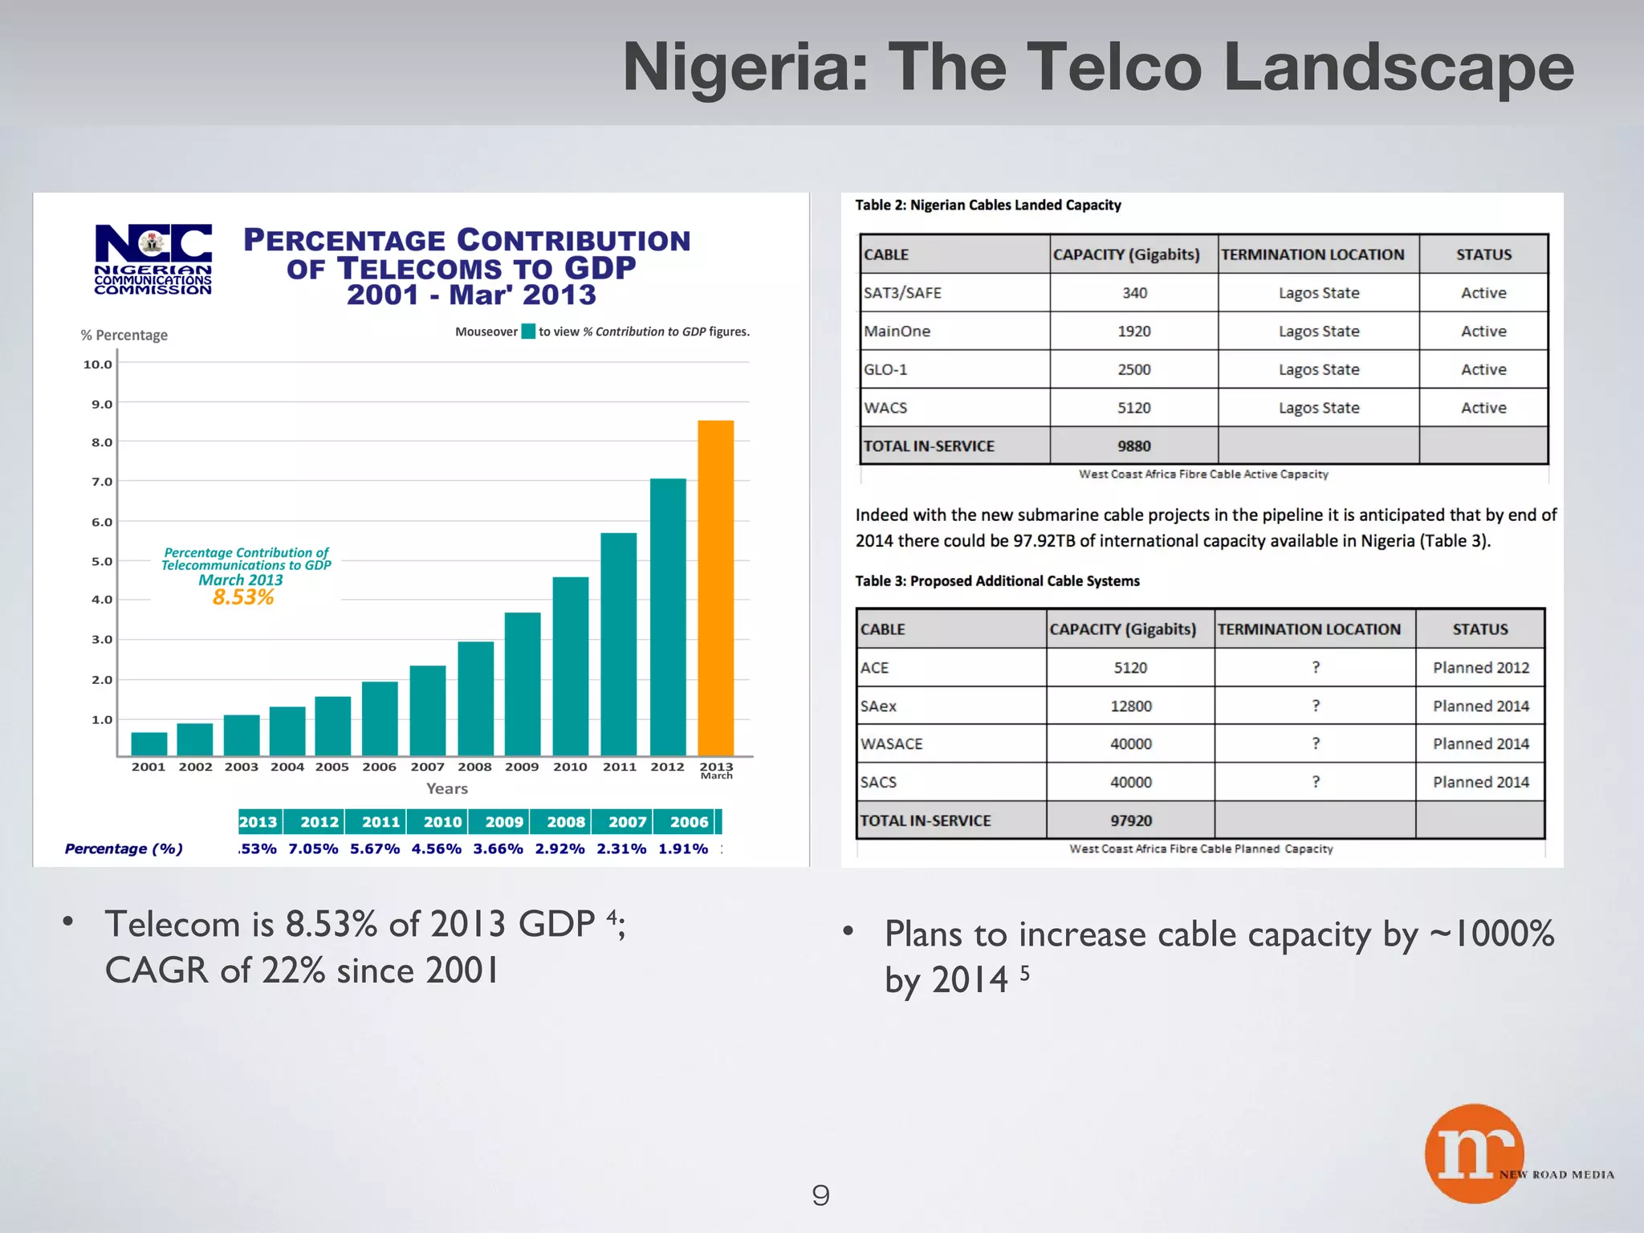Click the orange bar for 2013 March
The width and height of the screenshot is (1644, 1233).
(715, 588)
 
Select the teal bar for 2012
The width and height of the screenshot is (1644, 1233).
(668, 616)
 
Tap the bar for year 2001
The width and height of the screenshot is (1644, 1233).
(149, 743)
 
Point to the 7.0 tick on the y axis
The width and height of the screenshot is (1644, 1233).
(102, 482)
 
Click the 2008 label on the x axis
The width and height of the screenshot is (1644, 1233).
(474, 767)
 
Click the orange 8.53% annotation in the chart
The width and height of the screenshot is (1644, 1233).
(243, 597)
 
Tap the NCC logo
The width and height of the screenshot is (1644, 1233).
(153, 259)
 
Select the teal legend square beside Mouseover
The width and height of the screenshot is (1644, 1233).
(528, 332)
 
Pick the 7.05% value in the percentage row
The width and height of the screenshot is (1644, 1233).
(313, 848)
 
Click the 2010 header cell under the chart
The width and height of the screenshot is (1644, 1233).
(442, 822)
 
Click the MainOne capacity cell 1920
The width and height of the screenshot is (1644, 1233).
(1133, 332)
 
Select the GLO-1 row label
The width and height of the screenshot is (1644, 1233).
(885, 370)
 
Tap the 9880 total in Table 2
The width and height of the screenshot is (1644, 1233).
(1133, 446)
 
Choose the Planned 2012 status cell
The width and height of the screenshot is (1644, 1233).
(1481, 668)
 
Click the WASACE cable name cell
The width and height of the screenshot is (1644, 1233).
(892, 744)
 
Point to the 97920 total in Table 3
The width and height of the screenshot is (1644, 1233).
(1130, 820)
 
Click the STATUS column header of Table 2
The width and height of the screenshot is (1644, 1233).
(1483, 254)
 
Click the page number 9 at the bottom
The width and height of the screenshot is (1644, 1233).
(820, 1196)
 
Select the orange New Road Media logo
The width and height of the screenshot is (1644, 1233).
(1474, 1153)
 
